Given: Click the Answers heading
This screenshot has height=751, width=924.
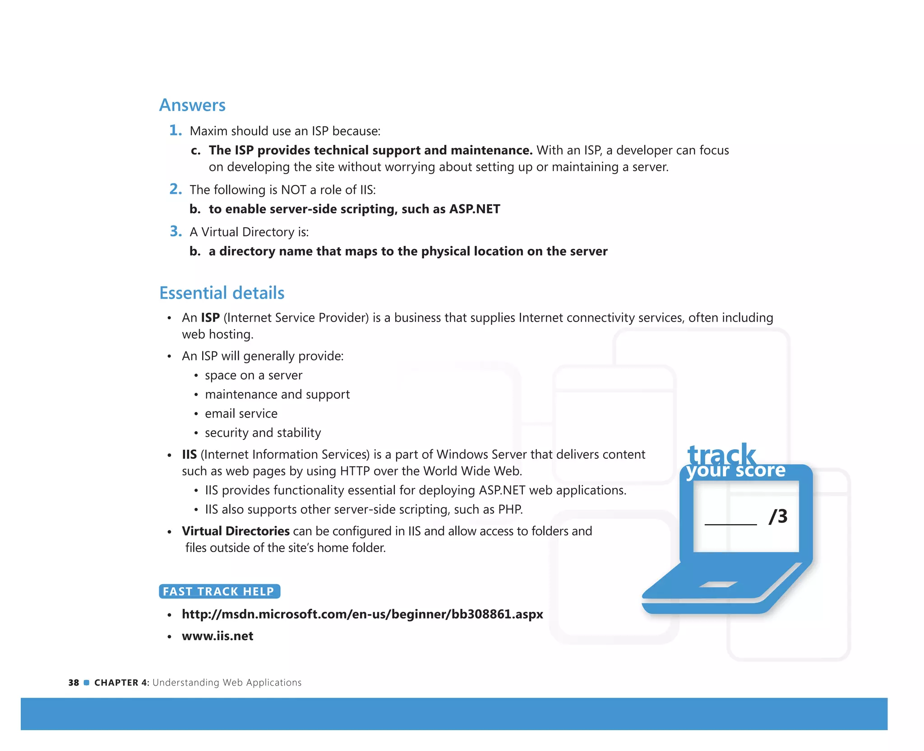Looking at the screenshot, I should [192, 105].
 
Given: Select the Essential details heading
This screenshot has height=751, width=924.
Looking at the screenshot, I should [222, 293].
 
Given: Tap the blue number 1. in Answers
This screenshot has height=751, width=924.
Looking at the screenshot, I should [176, 130].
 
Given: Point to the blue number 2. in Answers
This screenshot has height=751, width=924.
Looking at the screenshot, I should [176, 189].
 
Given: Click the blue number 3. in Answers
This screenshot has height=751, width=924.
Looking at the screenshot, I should [176, 231].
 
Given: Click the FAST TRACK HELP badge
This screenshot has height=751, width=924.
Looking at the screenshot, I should [219, 591].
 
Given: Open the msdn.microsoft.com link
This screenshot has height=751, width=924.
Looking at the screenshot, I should [362, 614].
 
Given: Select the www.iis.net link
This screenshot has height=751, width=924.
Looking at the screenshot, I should [217, 636].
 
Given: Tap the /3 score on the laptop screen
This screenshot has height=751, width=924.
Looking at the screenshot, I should [778, 516].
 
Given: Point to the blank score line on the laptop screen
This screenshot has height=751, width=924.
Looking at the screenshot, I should [730, 523].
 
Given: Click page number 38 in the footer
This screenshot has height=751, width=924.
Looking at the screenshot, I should [74, 683].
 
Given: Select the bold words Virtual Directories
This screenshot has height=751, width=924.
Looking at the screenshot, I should [236, 531].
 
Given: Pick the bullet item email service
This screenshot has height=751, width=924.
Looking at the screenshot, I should [241, 414].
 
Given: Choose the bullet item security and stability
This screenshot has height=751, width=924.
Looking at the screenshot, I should [263, 433].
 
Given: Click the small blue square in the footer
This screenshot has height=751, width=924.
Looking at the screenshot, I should [87, 682].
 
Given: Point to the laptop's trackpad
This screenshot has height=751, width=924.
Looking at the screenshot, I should [718, 585].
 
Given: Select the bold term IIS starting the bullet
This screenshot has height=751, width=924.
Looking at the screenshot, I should [189, 455].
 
